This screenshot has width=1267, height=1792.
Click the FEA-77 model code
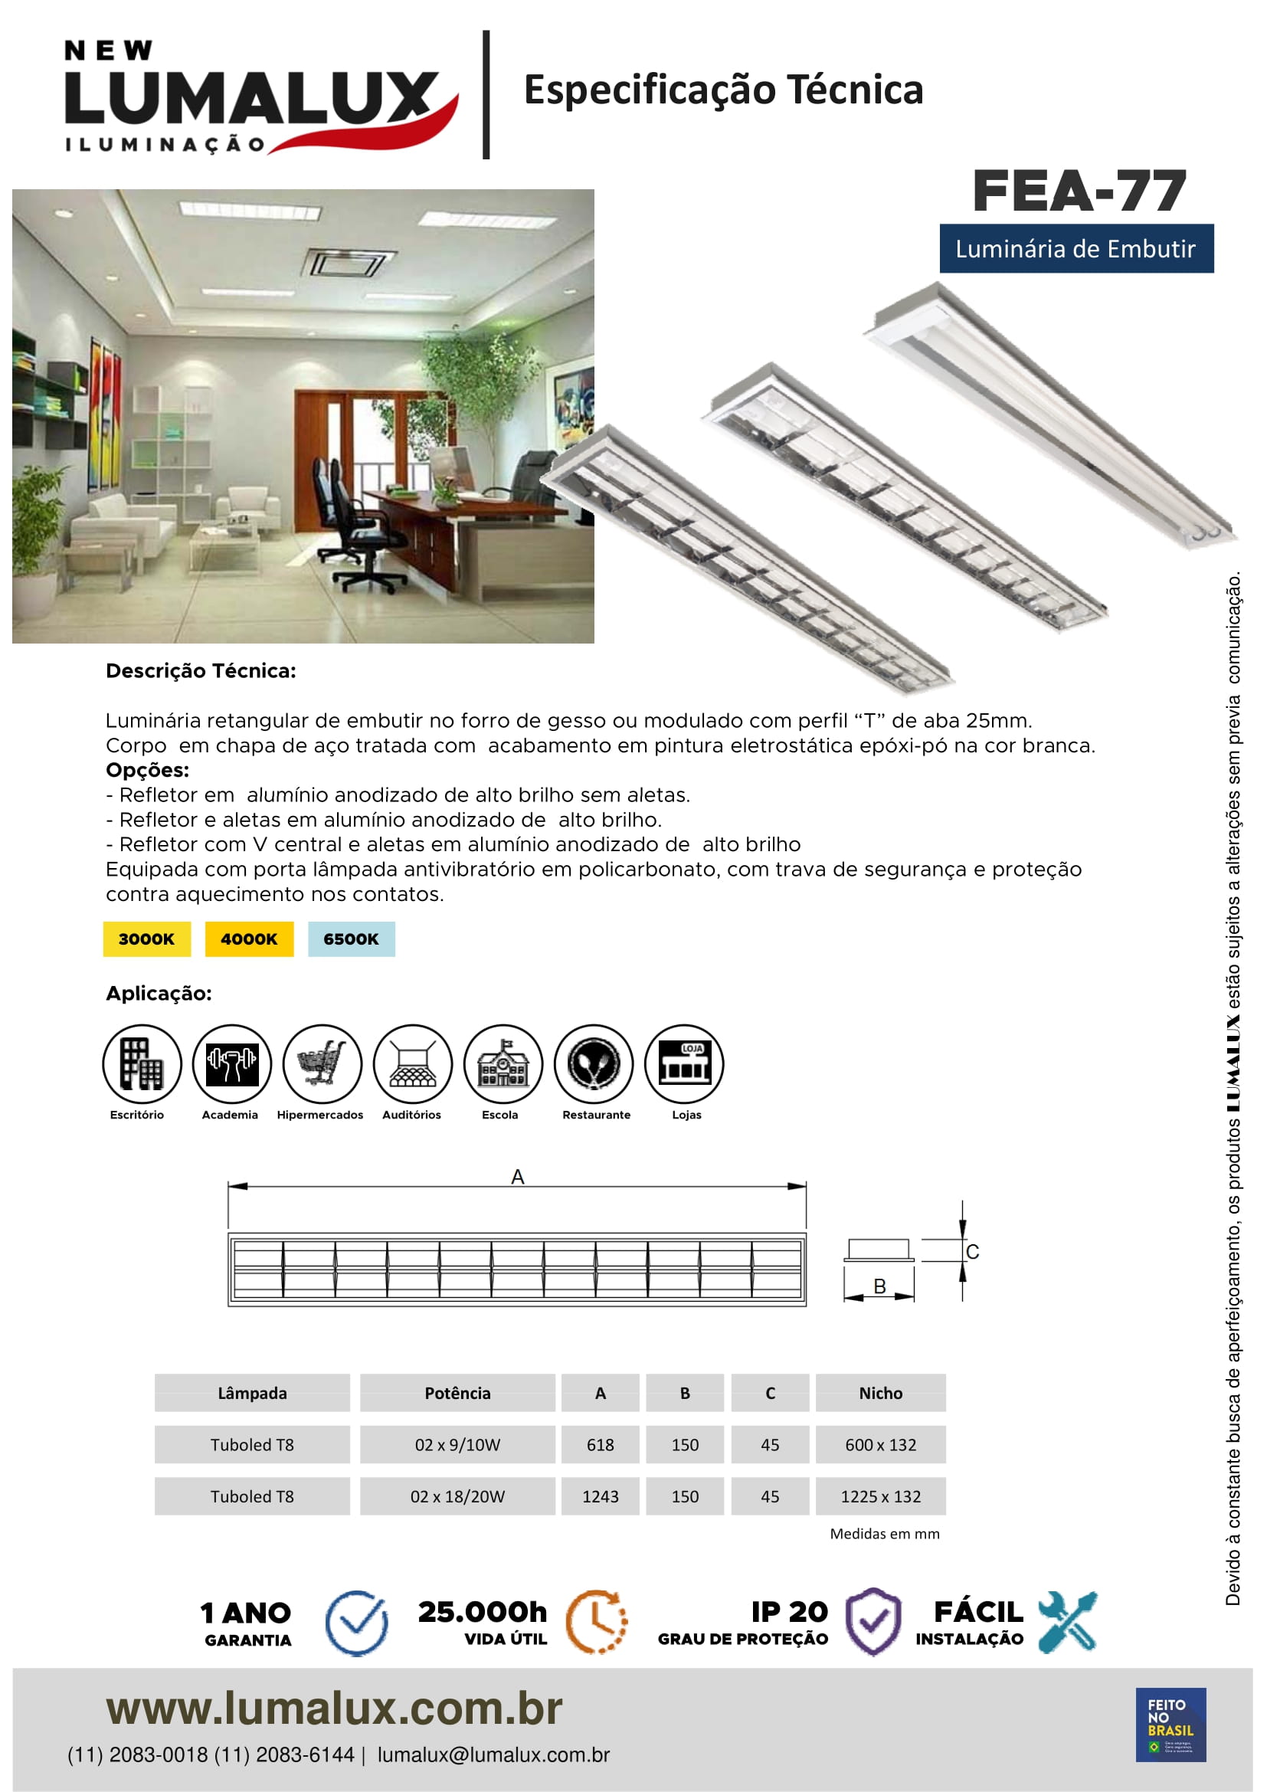1079,192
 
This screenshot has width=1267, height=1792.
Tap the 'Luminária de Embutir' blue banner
1075,249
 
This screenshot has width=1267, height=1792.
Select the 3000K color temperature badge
146,939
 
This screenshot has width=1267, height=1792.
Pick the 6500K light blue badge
351,939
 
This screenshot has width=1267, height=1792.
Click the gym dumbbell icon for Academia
231,1063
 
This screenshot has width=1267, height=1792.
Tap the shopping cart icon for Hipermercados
322,1063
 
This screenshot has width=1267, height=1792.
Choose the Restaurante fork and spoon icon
594,1063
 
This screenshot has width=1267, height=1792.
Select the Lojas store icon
684,1063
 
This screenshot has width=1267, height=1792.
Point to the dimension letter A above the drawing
517,1177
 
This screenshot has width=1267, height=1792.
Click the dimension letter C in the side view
972,1252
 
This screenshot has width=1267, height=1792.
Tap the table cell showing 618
600,1445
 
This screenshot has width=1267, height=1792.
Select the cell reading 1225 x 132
880,1496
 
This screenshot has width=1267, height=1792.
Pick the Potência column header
457,1393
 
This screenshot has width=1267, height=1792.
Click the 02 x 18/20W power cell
457,1496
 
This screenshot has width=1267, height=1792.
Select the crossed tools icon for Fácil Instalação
1067,1621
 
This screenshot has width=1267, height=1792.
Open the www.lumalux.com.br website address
334,1708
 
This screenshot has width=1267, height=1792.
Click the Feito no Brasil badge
1170,1725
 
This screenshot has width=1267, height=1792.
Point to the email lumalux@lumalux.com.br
493,1755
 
